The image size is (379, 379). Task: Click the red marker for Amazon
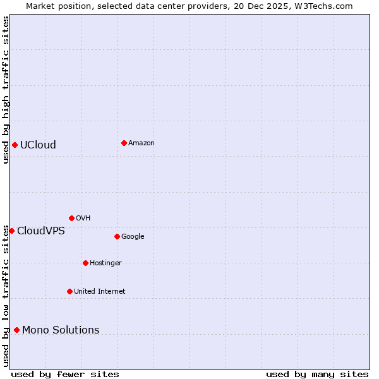pos(124,143)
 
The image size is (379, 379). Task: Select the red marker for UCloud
pos(15,145)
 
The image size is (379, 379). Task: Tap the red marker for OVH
pos(71,218)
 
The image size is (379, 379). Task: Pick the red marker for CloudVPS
pos(11,231)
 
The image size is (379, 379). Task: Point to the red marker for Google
pos(117,236)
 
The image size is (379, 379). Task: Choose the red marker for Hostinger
pos(85,263)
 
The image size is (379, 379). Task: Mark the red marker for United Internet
pos(69,291)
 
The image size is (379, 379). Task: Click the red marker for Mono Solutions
pos(16,330)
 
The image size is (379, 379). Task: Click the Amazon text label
pos(141,143)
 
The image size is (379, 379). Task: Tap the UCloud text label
pos(38,145)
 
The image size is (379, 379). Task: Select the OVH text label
pos(83,219)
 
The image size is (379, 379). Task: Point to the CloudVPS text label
pos(41,231)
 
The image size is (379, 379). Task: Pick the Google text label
pos(133,237)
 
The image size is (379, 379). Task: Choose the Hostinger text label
pos(105,263)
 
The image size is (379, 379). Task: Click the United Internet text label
pos(99,292)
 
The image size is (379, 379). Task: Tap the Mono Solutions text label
pos(61,330)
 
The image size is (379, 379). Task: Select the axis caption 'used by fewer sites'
pos(65,374)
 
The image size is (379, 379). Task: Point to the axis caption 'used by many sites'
pos(317,374)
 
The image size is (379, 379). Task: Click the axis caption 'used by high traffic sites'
pos(6,90)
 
